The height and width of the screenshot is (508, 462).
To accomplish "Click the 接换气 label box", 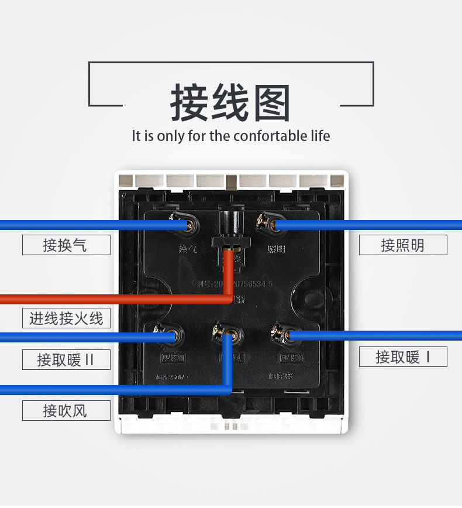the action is pyautogui.click(x=66, y=245).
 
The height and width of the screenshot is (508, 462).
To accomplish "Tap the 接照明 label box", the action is pyautogui.click(x=403, y=245).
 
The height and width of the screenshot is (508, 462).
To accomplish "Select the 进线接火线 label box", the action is pyautogui.click(x=66, y=318).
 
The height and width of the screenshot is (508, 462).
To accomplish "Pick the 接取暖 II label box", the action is pyautogui.click(x=66, y=359).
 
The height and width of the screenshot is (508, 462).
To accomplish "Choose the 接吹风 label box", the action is pyautogui.click(x=66, y=410).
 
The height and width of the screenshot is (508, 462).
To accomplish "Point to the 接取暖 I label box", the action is pyautogui.click(x=403, y=356).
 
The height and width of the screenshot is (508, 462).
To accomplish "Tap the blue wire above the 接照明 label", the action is pyautogui.click(x=380, y=225).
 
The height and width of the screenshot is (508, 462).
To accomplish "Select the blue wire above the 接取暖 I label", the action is pyautogui.click(x=380, y=335).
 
